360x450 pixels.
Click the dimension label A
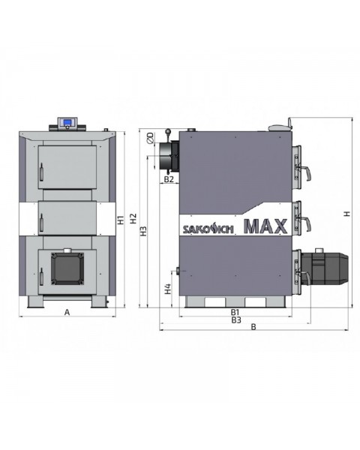tap(67, 311)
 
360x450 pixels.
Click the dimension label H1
tap(121, 220)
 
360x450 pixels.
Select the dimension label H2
tap(133, 220)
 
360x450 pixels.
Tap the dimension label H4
tap(169, 288)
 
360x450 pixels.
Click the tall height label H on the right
tap(346, 214)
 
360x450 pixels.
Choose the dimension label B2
tap(169, 180)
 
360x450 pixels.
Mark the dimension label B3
tap(235, 319)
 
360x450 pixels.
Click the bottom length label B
tap(253, 328)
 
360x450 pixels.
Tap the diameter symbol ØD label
tap(151, 138)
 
